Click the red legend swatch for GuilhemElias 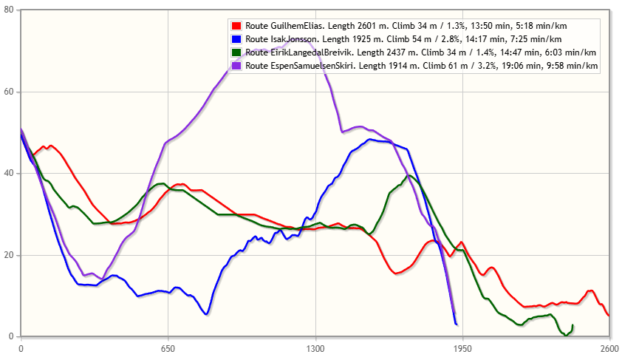[236, 25]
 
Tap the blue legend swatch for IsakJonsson [236, 38]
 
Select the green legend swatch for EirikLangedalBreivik [236, 52]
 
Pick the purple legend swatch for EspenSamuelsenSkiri [236, 66]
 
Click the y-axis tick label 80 [9, 11]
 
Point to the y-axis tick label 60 [9, 92]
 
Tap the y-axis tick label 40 [9, 174]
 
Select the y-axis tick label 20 [9, 255]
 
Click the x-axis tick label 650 [168, 347]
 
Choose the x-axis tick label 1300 [315, 347]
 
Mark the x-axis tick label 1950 [462, 347]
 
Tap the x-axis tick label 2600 [609, 347]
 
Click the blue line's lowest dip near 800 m [206, 314]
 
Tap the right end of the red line [608, 316]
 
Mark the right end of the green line [573, 325]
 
